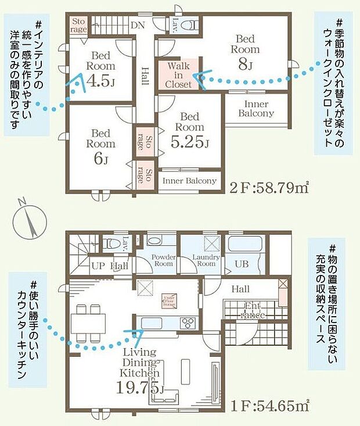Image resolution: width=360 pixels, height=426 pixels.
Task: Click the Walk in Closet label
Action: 178,75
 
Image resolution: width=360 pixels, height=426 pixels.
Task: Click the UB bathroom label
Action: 241,263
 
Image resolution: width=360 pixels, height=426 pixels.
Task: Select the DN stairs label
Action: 138,25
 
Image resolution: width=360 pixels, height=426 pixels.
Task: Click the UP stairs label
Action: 98,266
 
